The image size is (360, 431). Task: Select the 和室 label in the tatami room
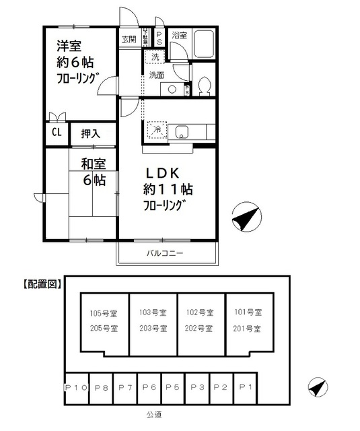[x=94, y=163]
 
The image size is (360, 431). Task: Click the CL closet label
[x=56, y=133]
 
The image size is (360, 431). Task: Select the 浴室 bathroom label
[x=179, y=34]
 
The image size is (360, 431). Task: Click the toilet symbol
[x=205, y=86]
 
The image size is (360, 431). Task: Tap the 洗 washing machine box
[x=155, y=58]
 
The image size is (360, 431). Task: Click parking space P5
[x=172, y=387]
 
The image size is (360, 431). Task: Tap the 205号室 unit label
[x=104, y=329]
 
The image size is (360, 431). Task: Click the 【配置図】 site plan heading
[x=38, y=284]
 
